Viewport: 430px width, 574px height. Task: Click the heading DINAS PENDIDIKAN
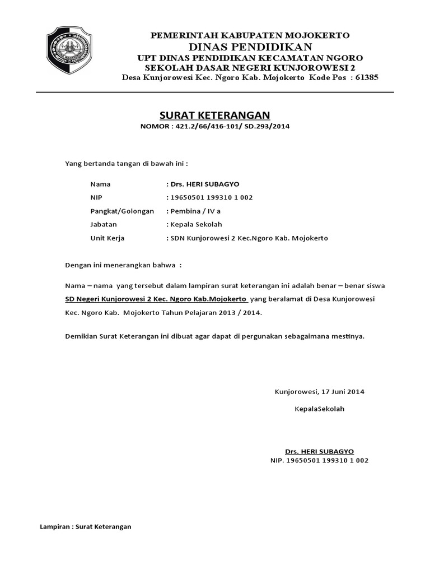[250, 46]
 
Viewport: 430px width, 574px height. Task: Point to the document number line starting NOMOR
[215, 126]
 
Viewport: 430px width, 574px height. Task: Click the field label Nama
[101, 184]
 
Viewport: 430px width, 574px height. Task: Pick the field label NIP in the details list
[97, 197]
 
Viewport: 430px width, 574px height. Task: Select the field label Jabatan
[104, 224]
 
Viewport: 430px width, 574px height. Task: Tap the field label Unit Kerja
[107, 238]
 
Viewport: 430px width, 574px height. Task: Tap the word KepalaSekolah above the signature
[320, 408]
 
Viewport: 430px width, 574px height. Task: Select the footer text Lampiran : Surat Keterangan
[86, 527]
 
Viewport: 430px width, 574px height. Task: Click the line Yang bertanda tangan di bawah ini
[127, 164]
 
